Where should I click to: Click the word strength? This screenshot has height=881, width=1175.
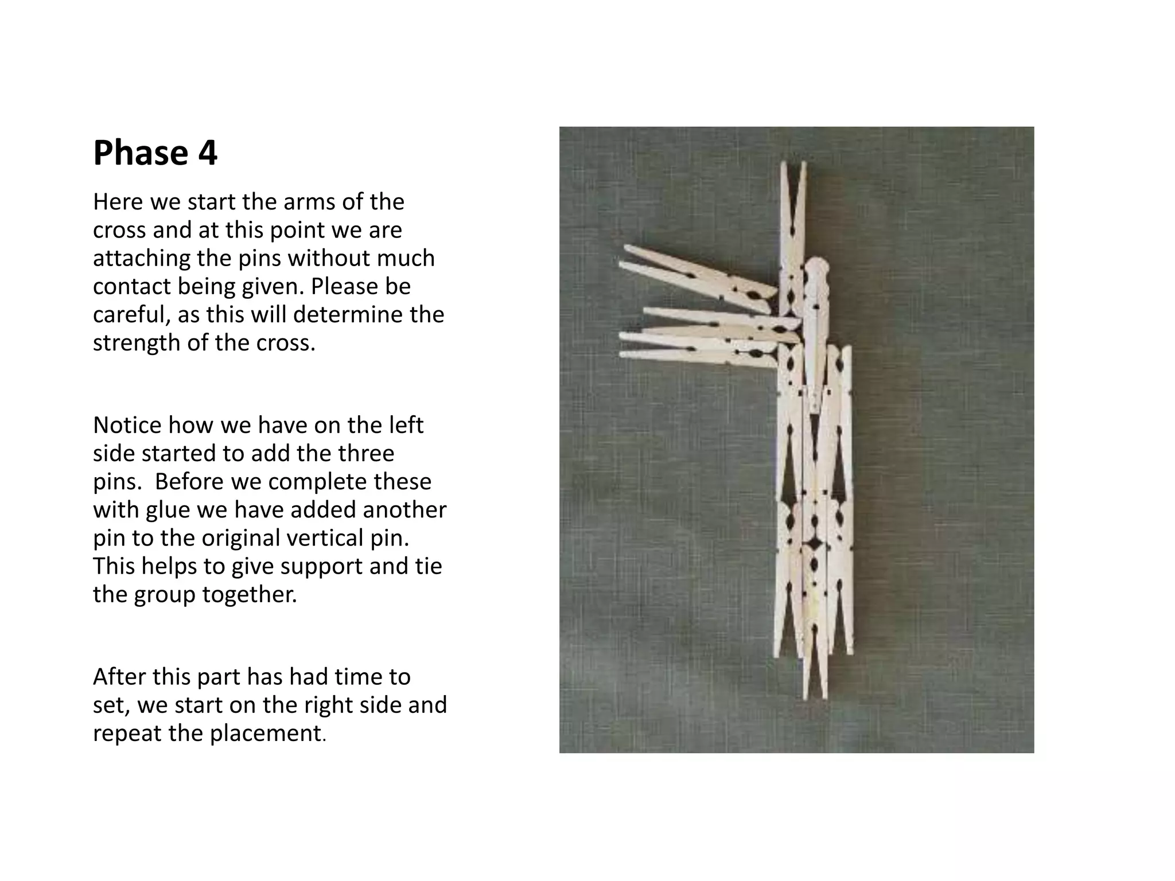(137, 344)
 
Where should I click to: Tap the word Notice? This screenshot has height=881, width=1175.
(127, 426)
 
